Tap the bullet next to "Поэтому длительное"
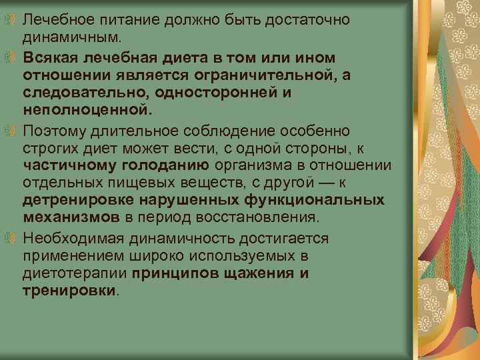[7, 128]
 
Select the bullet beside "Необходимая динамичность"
[7, 237]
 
